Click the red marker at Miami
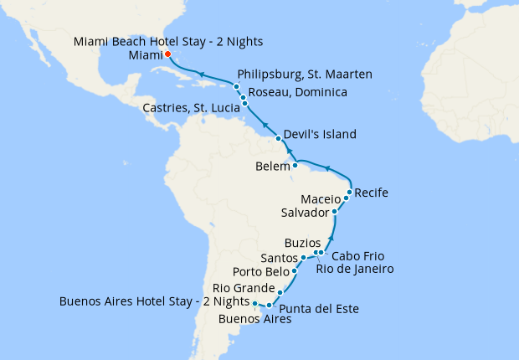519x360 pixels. tap(167, 54)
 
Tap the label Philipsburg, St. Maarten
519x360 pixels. tap(305, 75)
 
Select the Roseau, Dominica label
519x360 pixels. tap(297, 92)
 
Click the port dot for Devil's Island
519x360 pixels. tap(278, 136)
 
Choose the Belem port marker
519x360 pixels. tap(295, 165)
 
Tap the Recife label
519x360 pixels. tap(372, 193)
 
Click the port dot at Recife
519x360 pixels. tap(349, 193)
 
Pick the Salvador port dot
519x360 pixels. tap(334, 212)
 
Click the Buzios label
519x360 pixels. tap(302, 243)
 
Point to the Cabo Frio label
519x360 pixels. tap(359, 255)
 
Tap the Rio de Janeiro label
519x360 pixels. tap(354, 269)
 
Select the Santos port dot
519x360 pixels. tap(304, 257)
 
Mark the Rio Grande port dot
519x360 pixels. tap(280, 292)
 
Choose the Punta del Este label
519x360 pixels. tap(319, 309)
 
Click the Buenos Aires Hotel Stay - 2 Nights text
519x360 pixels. tap(154, 301)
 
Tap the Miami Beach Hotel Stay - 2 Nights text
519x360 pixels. tap(156, 41)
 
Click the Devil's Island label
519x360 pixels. tap(320, 134)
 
